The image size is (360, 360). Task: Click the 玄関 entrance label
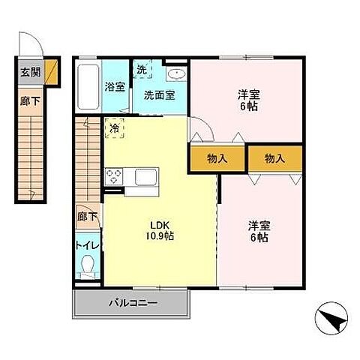(30, 72)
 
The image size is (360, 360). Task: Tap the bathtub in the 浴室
(88, 87)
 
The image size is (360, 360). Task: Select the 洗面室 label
(159, 95)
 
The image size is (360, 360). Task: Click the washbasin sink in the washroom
(177, 73)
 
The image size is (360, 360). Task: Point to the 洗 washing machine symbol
(142, 69)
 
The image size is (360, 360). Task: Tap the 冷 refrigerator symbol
(115, 128)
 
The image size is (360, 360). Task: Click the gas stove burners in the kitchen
(114, 176)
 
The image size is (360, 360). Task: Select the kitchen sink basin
(146, 177)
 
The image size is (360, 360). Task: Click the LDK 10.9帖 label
(160, 231)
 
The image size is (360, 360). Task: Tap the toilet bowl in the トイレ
(88, 265)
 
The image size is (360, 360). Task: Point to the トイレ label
(88, 245)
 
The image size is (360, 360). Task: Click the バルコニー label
(133, 303)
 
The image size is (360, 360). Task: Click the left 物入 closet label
(217, 158)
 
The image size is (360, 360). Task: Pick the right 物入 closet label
(274, 158)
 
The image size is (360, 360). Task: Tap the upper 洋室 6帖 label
(249, 100)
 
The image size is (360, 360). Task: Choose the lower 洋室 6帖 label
(259, 231)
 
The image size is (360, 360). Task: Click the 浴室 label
(115, 86)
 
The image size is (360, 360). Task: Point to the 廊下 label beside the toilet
(87, 217)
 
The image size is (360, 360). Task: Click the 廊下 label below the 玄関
(30, 101)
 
